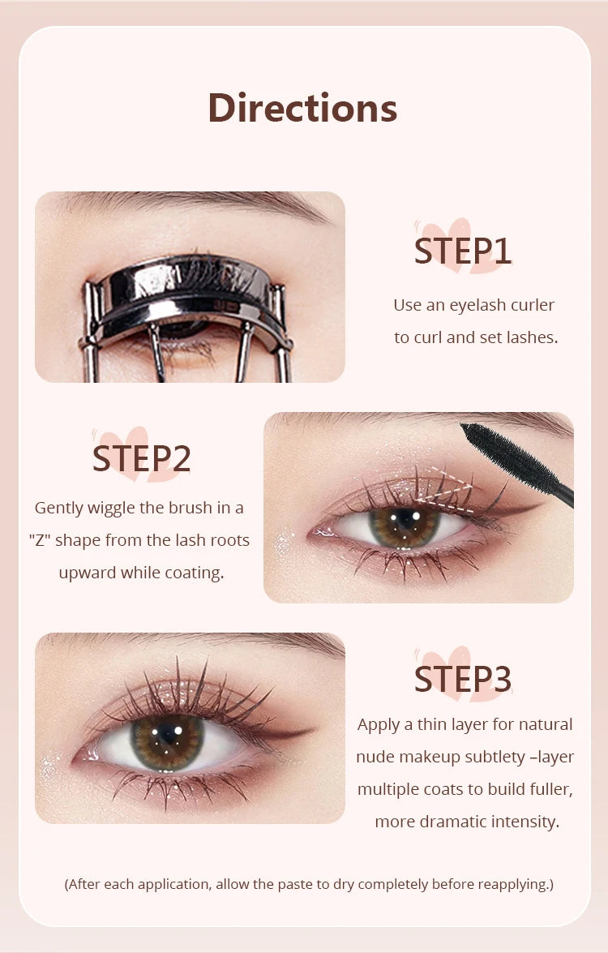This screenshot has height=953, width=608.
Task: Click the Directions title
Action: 302,108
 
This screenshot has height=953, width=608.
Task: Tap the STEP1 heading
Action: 463,251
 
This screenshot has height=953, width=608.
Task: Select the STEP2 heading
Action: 141,458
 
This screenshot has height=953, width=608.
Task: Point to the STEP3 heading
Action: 463,680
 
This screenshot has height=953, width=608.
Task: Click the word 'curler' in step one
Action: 532,305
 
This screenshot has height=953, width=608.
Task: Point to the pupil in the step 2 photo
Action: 403,524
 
